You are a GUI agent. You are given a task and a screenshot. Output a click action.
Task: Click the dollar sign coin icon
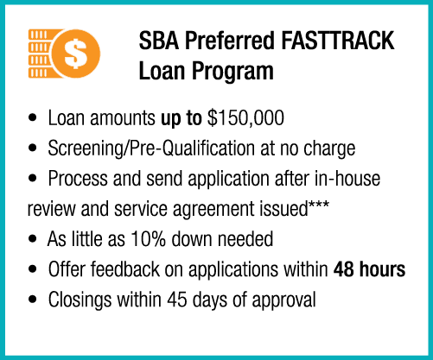click(x=76, y=54)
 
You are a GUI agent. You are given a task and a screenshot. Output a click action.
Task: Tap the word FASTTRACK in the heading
click(x=337, y=41)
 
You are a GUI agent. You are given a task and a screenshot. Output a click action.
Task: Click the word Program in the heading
click(x=232, y=71)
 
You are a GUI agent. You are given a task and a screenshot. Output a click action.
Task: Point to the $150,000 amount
click(x=245, y=118)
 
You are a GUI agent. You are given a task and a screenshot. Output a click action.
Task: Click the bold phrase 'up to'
click(x=181, y=118)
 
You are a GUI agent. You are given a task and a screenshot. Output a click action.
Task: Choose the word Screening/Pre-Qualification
click(x=151, y=148)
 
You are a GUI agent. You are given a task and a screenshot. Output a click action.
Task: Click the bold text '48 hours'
click(x=369, y=269)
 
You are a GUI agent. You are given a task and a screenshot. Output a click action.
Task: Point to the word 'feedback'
click(x=125, y=269)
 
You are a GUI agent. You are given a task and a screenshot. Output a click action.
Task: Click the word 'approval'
click(x=283, y=300)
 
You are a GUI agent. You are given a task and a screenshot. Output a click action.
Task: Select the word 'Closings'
click(x=80, y=300)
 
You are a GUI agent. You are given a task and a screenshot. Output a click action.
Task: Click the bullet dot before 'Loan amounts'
click(x=33, y=117)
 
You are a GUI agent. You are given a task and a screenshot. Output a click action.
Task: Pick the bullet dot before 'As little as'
click(x=33, y=238)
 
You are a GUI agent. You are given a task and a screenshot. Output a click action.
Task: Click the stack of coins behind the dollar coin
click(x=41, y=54)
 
